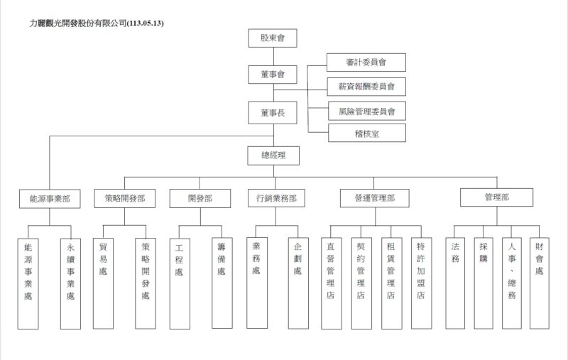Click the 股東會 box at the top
point(273,38)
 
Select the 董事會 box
point(273,75)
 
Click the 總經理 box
point(273,155)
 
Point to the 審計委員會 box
point(366,62)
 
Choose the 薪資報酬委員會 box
point(366,87)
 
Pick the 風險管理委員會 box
point(366,110)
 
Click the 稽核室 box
point(366,133)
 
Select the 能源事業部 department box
point(49,199)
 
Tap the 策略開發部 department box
point(124,199)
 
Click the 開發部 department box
point(200,199)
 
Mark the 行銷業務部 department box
point(276,199)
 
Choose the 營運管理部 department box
point(374,199)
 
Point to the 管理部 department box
point(496,197)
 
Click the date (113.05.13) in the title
point(146,23)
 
